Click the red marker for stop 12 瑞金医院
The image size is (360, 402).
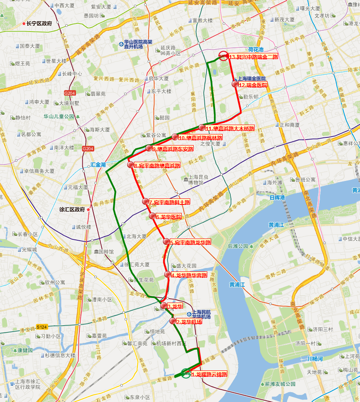point(235,84)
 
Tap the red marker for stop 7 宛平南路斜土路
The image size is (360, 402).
point(145,201)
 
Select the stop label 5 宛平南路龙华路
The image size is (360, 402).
point(190,242)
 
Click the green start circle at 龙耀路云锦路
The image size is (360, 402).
point(186,373)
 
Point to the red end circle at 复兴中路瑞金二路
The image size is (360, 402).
point(223,55)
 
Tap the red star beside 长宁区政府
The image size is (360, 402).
point(24,24)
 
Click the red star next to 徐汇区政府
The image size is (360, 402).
point(88,210)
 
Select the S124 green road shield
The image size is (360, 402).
point(41,327)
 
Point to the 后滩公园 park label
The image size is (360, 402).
point(238,246)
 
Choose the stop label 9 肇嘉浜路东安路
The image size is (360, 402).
point(172,149)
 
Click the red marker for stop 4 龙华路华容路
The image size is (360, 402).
point(168,274)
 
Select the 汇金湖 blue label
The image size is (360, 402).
point(98,165)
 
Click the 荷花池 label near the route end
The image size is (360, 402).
point(256,50)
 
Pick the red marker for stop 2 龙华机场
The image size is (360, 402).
point(173,321)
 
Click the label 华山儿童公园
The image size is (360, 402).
point(59,116)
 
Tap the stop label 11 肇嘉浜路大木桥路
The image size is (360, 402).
point(229,128)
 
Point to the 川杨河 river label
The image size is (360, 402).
point(316,359)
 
